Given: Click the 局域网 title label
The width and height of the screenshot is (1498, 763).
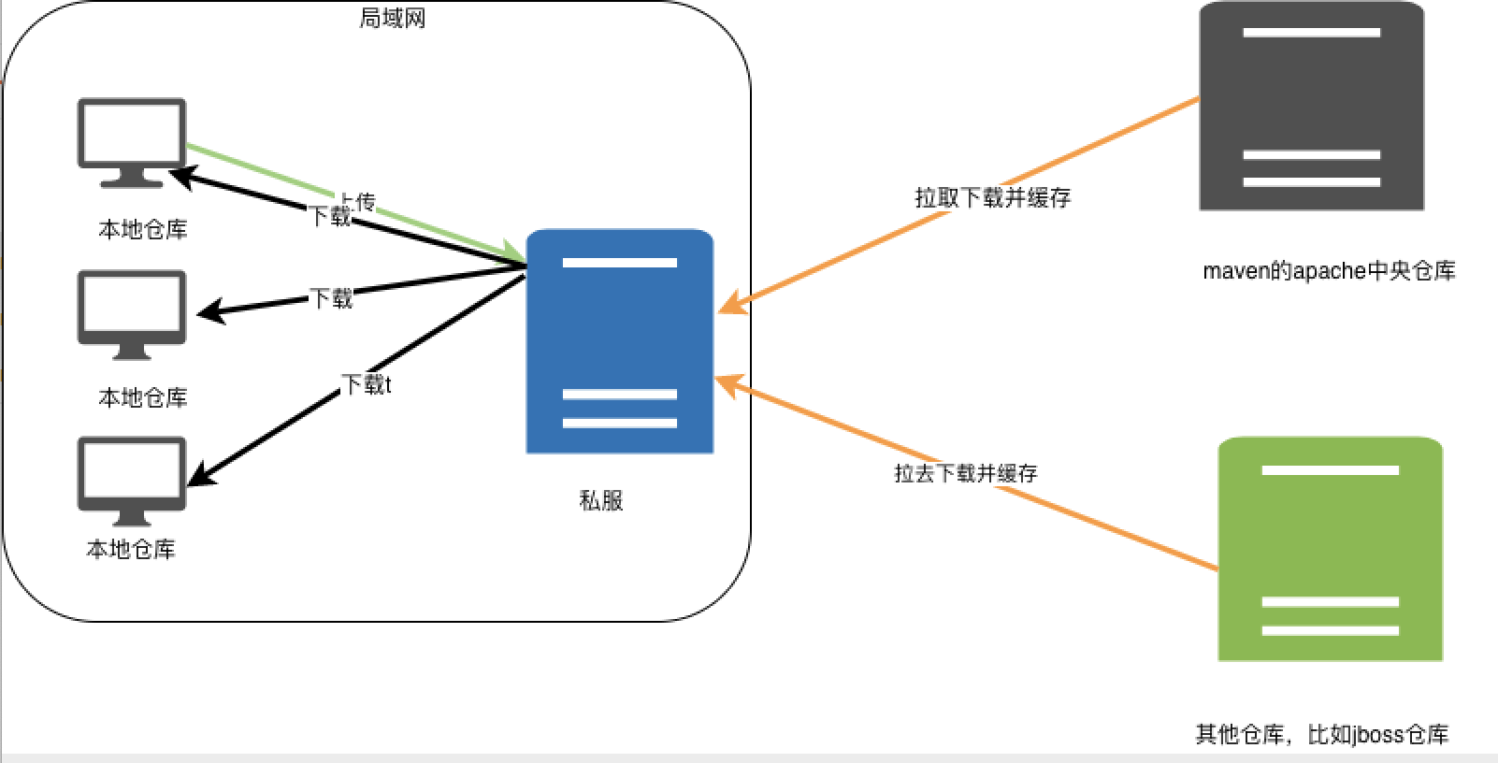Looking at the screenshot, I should coord(393,19).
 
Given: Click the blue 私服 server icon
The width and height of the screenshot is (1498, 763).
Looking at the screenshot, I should coord(619,341).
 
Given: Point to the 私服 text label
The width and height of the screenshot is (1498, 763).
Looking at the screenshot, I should coord(601,500).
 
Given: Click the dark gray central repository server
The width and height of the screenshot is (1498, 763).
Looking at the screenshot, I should coord(1311,108).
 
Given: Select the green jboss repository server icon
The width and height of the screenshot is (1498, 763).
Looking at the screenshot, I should coord(1330,549).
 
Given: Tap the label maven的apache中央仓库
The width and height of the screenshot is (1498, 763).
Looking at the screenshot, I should coord(1329,271).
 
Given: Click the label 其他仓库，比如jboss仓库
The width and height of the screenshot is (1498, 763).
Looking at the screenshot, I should coord(1322,735).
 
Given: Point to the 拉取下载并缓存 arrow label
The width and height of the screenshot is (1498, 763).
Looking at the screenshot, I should coord(992,197).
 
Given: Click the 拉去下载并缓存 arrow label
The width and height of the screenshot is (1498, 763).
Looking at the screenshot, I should coord(966,473).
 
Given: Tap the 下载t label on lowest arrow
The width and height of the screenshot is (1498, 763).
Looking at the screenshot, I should coord(366,384).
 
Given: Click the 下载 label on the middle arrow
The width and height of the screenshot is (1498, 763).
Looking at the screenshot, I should coord(331,298).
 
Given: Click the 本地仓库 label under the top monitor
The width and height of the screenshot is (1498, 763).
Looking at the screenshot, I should coord(143,229).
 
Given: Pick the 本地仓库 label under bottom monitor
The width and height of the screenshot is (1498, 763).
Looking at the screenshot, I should coord(131,549).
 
